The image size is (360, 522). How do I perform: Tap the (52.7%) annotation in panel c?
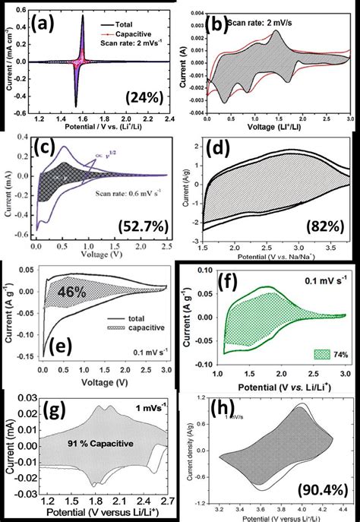pos(142,225)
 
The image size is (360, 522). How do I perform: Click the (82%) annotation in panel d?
pos(314,226)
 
